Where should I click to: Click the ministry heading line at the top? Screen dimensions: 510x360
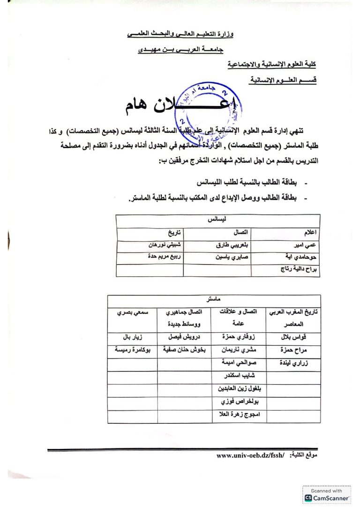pos(180,35)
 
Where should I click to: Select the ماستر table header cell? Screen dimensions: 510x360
pos(214,298)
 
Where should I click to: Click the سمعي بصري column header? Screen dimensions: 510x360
pos(132,312)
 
